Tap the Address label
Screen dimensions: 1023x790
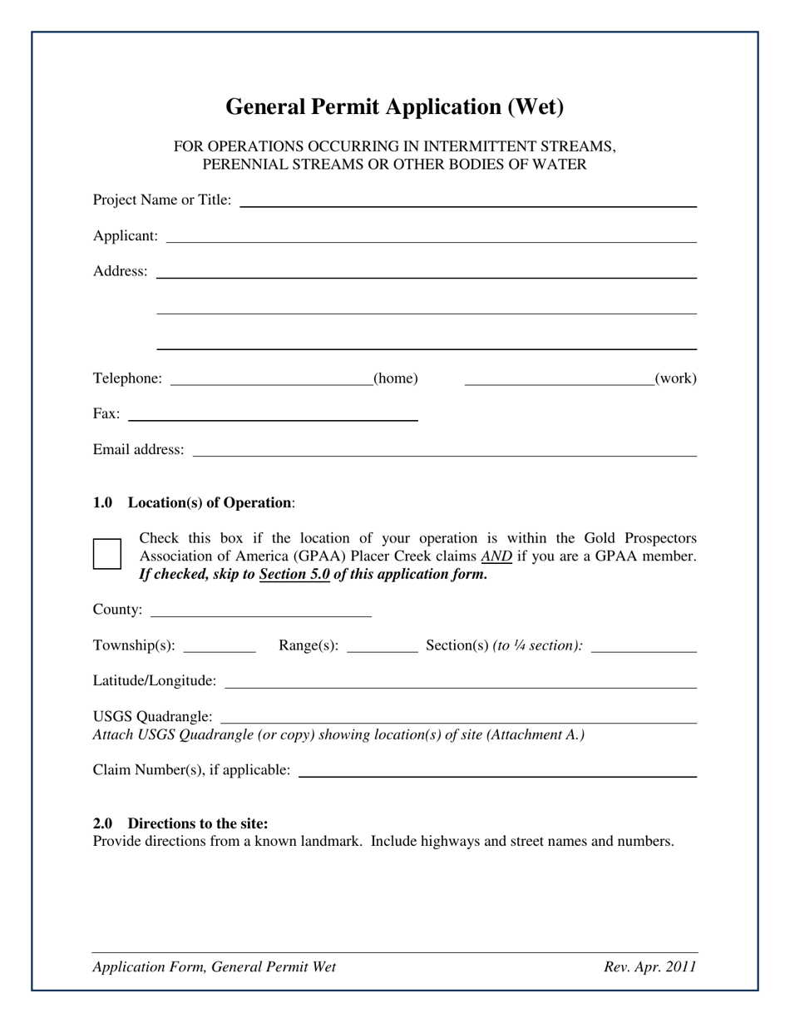121,271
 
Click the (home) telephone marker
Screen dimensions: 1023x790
396,378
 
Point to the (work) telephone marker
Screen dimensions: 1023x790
675,378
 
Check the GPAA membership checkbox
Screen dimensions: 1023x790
107,554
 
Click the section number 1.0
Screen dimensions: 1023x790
102,503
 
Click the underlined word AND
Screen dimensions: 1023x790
496,556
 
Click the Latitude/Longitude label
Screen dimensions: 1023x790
155,681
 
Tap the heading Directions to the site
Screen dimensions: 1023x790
198,823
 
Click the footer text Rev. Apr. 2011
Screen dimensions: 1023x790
650,966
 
